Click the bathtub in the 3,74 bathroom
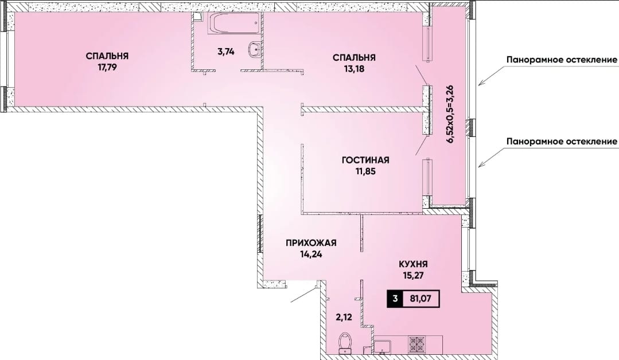click(234, 24)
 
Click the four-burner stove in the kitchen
click(416, 344)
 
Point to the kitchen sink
click(382, 346)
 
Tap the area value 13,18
click(354, 69)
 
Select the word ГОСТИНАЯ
click(365, 160)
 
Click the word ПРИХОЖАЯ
click(311, 243)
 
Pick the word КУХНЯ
click(413, 264)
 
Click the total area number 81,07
click(420, 299)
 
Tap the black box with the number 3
click(395, 299)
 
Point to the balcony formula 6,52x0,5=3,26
click(450, 115)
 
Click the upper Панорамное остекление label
click(562, 60)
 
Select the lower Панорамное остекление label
click(562, 141)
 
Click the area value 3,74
click(226, 51)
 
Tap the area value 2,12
click(344, 316)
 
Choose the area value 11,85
click(365, 171)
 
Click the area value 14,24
click(311, 255)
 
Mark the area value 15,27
click(413, 275)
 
